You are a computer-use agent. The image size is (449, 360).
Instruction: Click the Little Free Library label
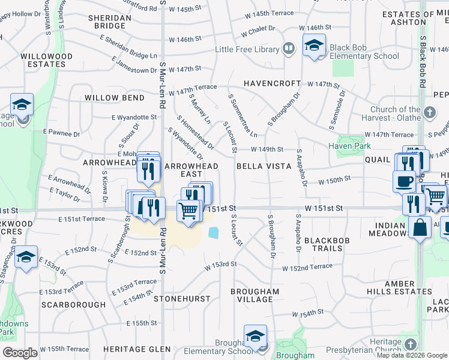[x=247, y=49]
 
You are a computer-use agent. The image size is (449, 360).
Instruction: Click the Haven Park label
[x=349, y=146]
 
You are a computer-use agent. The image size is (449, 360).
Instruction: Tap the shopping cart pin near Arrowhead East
[x=189, y=212]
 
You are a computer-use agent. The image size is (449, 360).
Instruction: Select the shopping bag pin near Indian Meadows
[x=420, y=227]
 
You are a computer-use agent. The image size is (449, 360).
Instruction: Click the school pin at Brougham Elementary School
[x=255, y=338]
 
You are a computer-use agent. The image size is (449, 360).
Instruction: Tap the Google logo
[x=20, y=353]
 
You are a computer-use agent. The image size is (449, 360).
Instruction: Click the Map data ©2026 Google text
[x=412, y=355]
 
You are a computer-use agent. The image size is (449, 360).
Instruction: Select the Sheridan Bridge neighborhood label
[x=109, y=22]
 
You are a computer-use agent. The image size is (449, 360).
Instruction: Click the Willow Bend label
[x=114, y=97]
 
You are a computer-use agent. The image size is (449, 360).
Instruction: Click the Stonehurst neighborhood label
[x=182, y=298]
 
